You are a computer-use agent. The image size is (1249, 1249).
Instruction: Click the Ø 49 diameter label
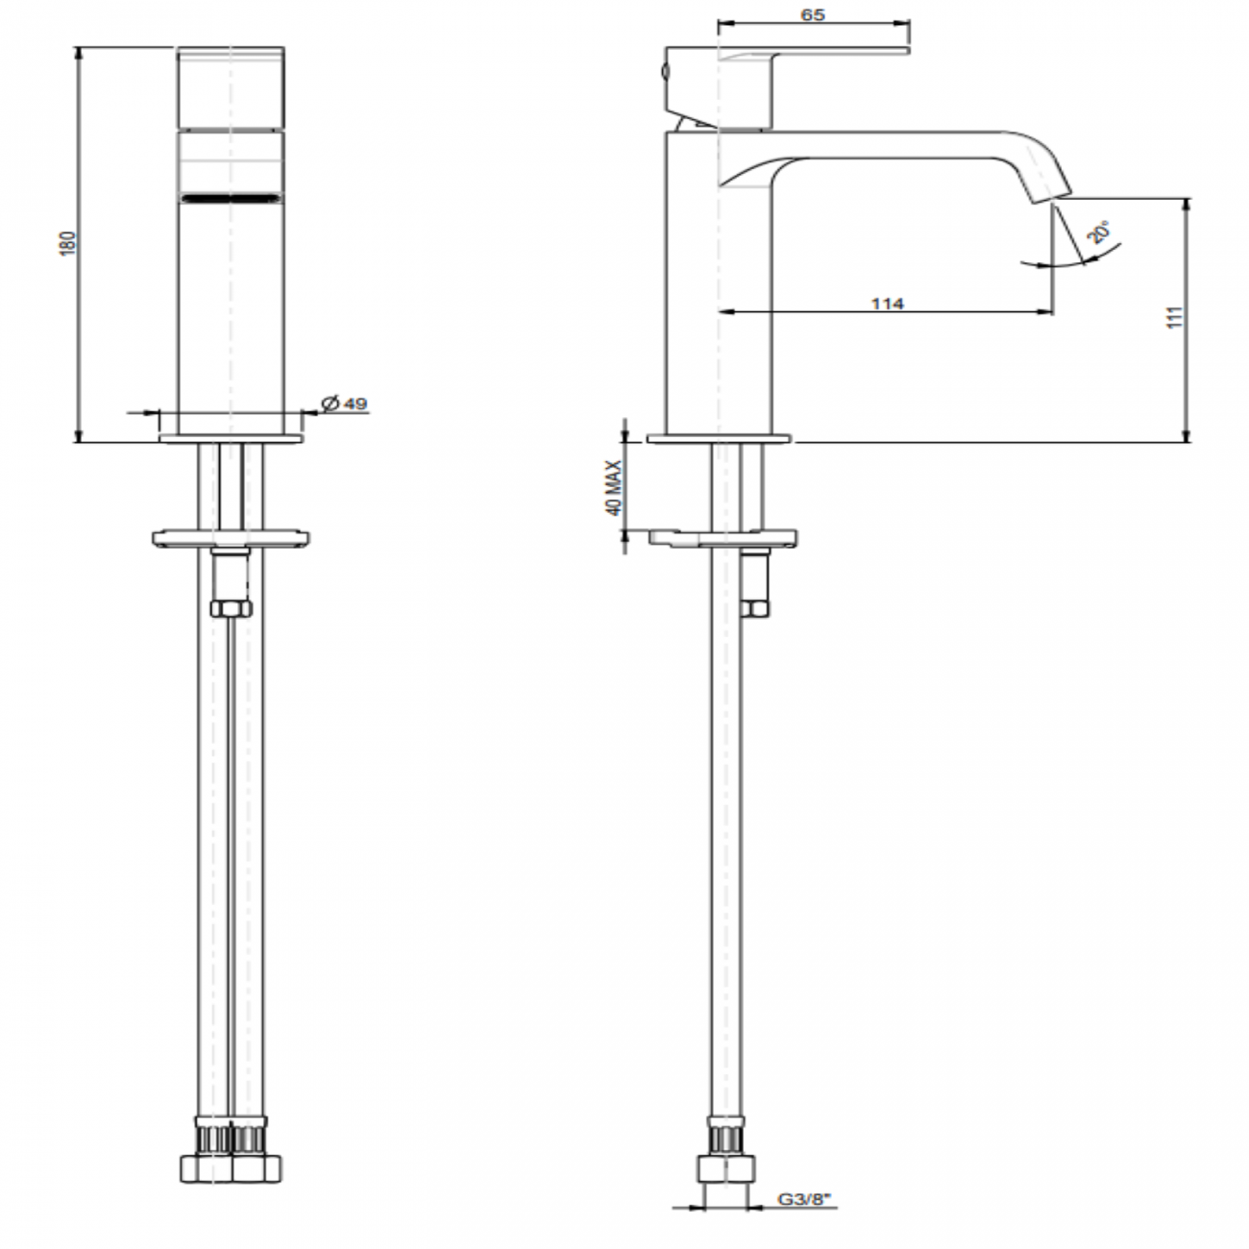click(344, 404)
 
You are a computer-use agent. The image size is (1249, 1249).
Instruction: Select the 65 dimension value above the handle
click(812, 14)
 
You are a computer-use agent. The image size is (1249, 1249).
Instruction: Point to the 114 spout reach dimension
click(887, 304)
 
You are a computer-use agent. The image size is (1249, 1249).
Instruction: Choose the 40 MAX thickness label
click(614, 487)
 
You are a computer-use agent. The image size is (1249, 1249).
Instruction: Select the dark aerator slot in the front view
click(231, 199)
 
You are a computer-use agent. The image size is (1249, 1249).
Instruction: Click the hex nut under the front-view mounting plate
click(231, 608)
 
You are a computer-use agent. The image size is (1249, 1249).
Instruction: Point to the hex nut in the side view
click(755, 607)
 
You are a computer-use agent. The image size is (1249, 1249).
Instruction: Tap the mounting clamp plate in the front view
click(231, 536)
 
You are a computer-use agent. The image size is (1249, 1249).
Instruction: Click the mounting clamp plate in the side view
click(722, 536)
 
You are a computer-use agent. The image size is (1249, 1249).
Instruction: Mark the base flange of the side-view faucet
click(721, 439)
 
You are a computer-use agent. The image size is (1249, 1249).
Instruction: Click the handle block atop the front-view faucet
click(231, 86)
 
